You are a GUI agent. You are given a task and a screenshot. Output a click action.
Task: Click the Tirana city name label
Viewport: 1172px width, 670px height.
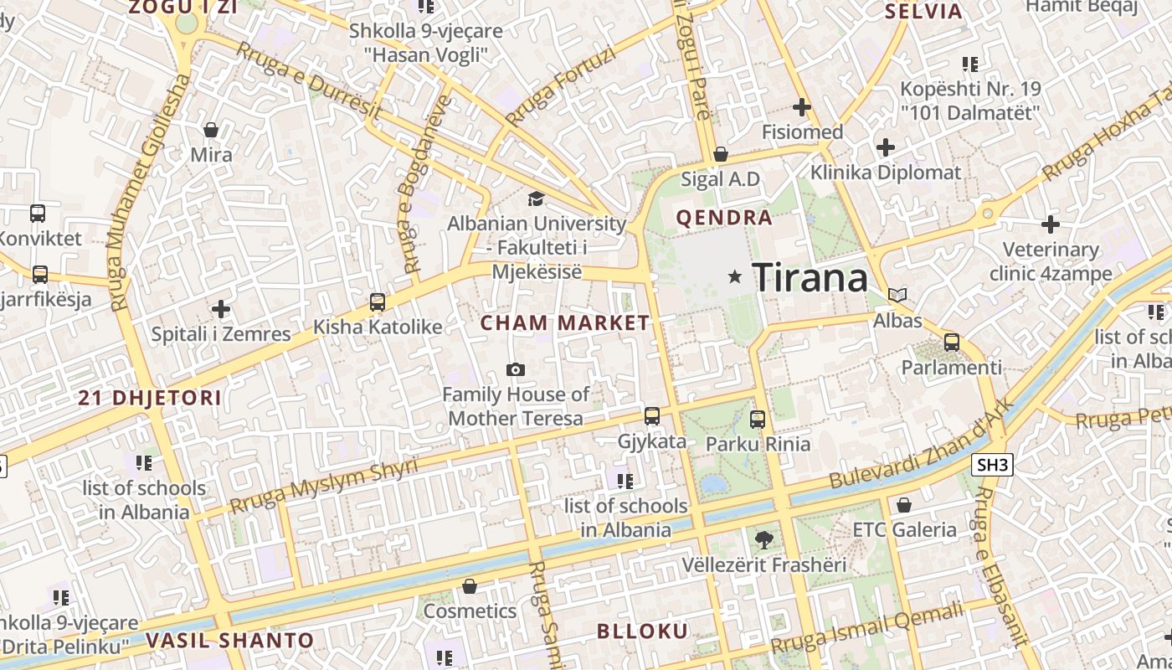pos(810,277)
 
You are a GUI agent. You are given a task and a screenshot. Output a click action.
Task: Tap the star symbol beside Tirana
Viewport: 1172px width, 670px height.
pos(735,276)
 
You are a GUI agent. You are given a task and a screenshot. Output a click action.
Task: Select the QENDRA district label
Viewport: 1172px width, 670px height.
pos(724,218)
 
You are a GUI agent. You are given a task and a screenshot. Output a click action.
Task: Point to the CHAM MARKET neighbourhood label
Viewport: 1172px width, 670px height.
pos(565,322)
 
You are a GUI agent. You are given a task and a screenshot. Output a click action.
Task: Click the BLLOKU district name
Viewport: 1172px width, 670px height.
pos(642,631)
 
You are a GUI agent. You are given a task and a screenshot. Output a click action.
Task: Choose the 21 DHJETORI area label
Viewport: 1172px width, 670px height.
pos(150,398)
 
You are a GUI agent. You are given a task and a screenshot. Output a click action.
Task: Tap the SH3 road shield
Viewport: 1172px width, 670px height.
pos(992,465)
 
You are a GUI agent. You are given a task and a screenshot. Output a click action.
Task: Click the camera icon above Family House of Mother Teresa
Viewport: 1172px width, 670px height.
pos(516,369)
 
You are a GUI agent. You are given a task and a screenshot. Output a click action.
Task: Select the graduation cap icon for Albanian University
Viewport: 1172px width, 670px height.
pos(536,198)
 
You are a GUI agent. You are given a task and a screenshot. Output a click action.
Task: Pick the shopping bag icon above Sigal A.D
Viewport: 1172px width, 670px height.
pos(720,155)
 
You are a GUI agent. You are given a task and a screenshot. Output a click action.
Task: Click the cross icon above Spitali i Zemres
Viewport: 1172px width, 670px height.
pos(221,309)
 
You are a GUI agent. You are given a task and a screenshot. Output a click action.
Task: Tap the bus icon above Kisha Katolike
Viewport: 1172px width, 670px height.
pos(378,302)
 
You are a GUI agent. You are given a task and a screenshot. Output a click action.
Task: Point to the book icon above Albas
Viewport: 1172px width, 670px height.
pos(897,296)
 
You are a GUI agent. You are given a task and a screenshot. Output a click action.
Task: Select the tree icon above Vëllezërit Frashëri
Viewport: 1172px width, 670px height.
pos(763,540)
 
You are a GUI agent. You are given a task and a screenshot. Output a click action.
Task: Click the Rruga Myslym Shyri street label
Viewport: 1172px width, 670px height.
pos(323,487)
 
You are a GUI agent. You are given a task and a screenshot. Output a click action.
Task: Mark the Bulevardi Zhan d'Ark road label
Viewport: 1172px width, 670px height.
pos(922,445)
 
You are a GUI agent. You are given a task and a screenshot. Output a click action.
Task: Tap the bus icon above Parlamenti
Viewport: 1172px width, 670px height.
pos(952,343)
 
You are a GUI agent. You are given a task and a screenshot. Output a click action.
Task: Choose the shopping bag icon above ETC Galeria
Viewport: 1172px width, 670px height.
pos(904,505)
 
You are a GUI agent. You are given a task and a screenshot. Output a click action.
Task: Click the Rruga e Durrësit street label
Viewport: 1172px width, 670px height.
pos(309,81)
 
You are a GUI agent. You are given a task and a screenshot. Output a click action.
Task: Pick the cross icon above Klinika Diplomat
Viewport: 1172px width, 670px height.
pos(886,148)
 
